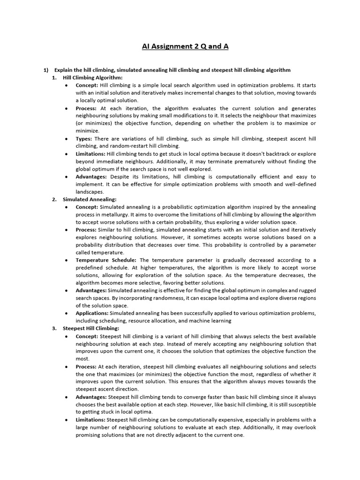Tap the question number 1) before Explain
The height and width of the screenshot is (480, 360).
pyautogui.click(x=46, y=70)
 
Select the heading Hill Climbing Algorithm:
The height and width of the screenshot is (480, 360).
pyautogui.click(x=92, y=77)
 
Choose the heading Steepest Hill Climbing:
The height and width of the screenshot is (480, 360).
pyautogui.click(x=91, y=328)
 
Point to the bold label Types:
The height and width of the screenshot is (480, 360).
pyautogui.click(x=84, y=138)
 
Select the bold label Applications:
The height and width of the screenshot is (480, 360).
pyautogui.click(x=92, y=313)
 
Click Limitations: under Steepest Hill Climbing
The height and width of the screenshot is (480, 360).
pyautogui.click(x=90, y=420)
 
